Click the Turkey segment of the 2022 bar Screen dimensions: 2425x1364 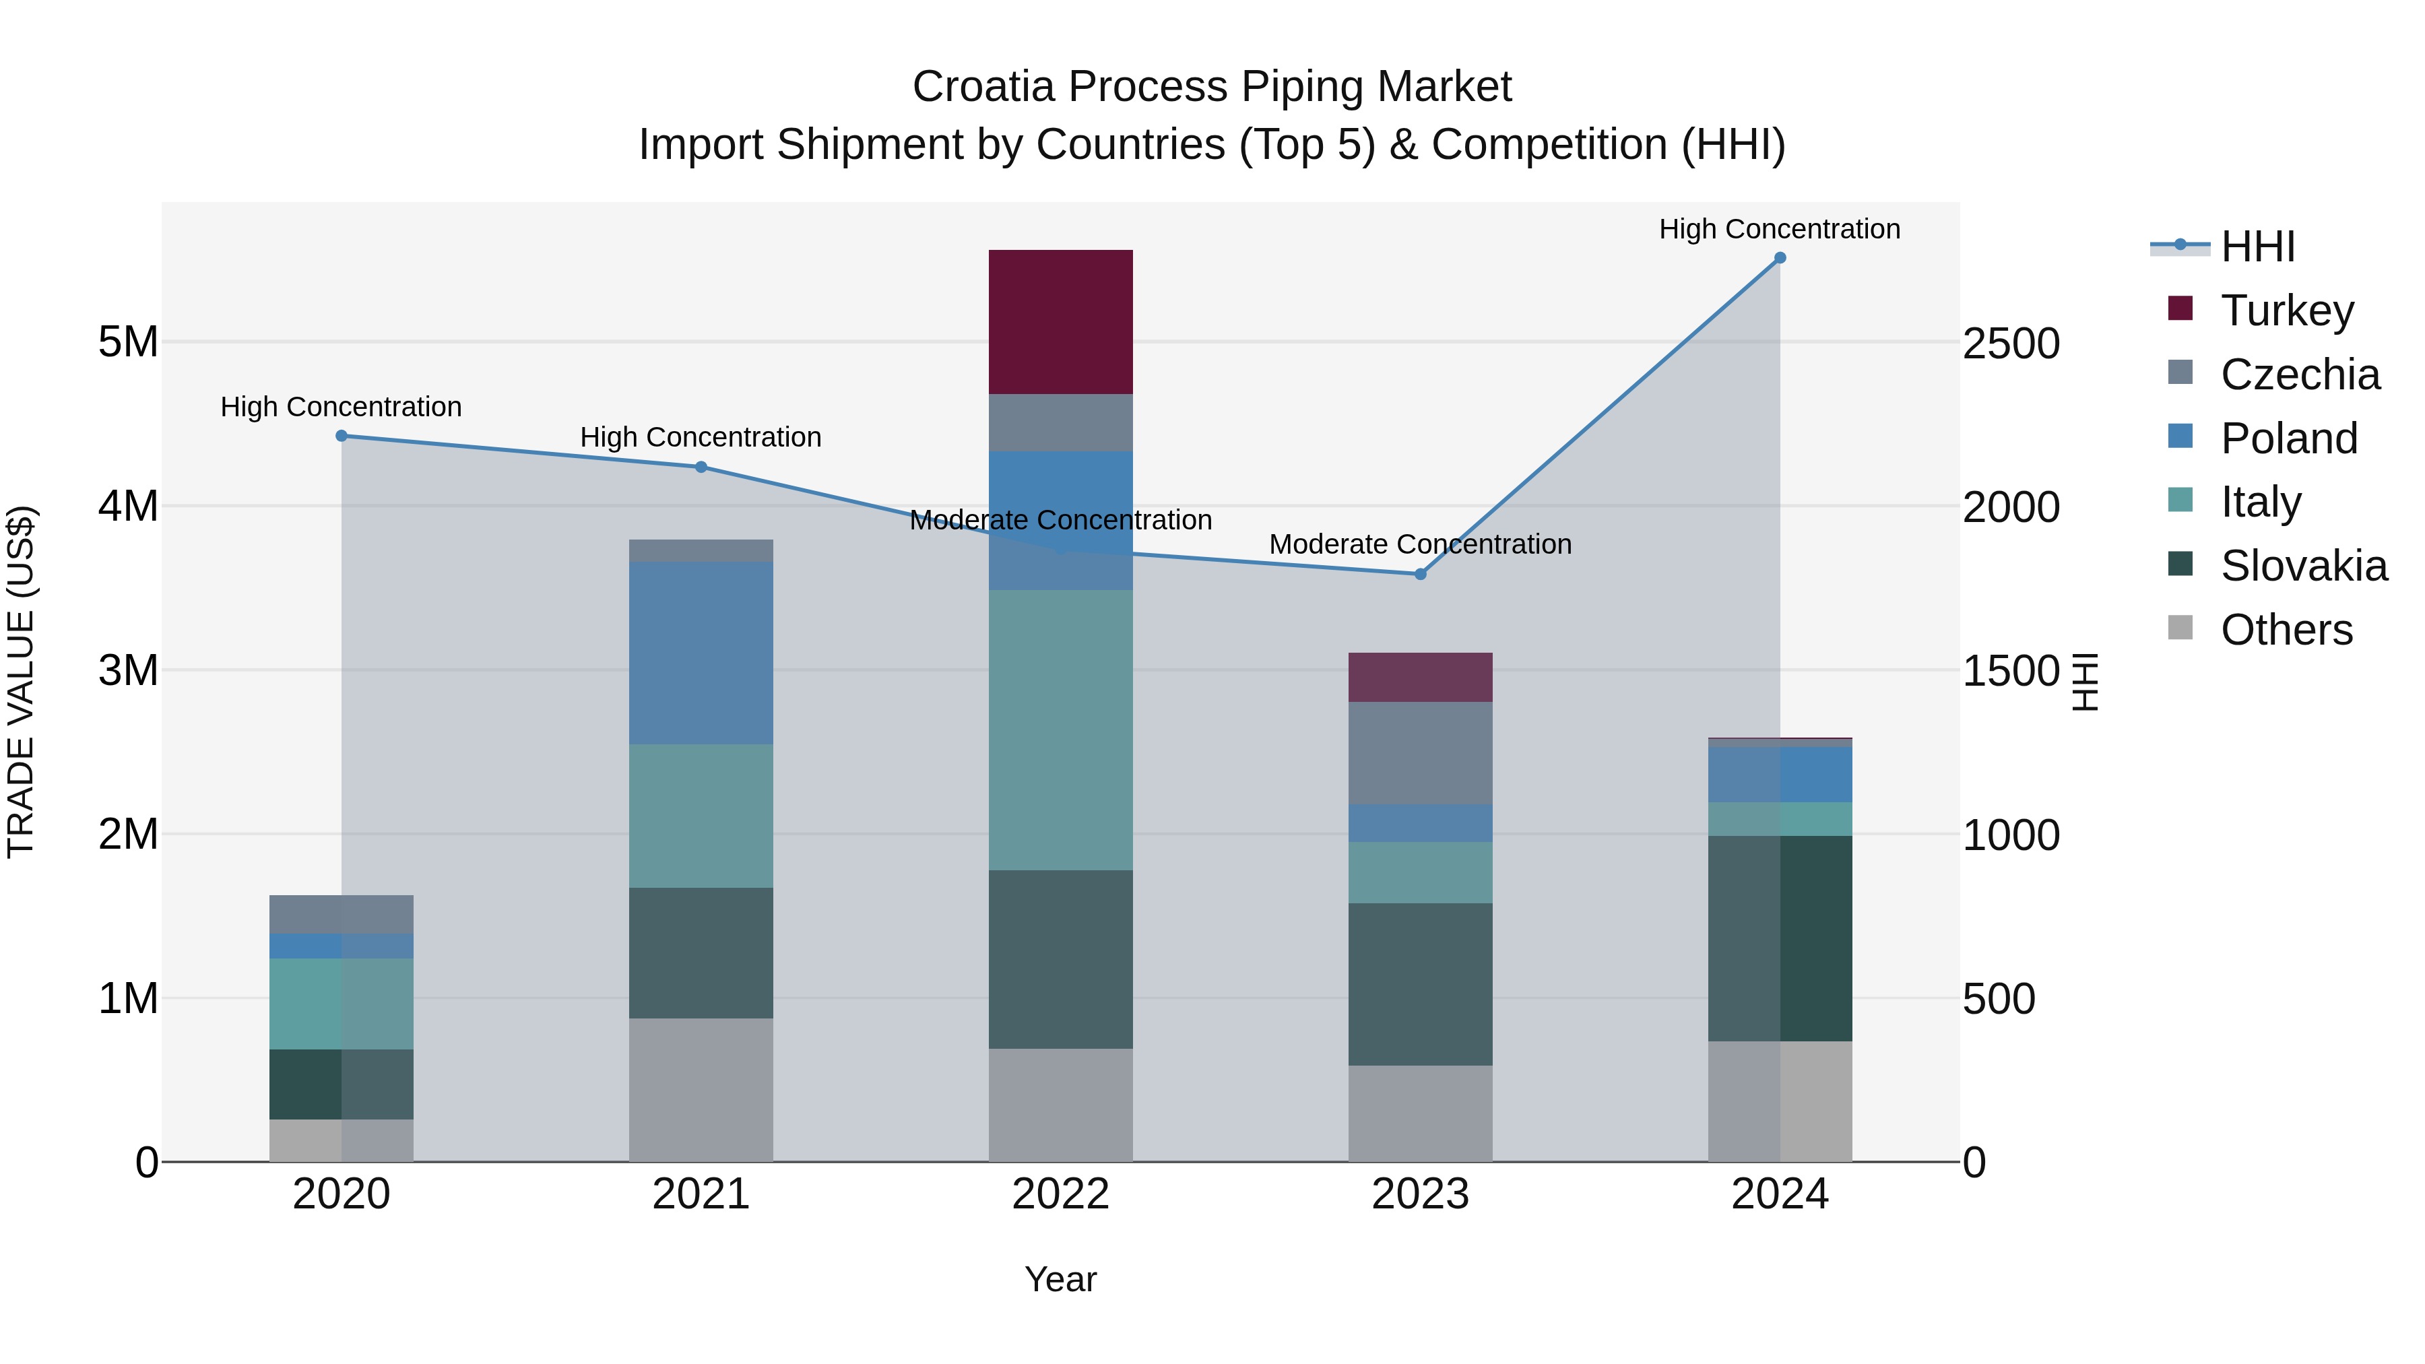pyautogui.click(x=1060, y=322)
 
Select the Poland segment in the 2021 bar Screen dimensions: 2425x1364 pyautogui.click(x=701, y=653)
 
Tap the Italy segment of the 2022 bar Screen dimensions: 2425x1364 pyautogui.click(x=1060, y=729)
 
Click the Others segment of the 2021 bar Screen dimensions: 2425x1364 pyautogui.click(x=701, y=1089)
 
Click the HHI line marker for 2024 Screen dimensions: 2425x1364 pyautogui.click(x=1779, y=258)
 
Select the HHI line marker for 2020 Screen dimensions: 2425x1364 pyautogui.click(x=342, y=436)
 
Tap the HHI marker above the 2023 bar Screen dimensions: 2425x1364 pyautogui.click(x=1421, y=574)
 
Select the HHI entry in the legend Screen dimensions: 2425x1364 pyautogui.click(x=2257, y=247)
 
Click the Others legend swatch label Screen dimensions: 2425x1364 pyautogui.click(x=2285, y=630)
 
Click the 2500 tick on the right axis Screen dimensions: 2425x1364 pyautogui.click(x=2011, y=344)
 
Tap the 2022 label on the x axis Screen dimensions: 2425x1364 pyautogui.click(x=1060, y=1194)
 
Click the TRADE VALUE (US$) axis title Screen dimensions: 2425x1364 pyautogui.click(x=21, y=682)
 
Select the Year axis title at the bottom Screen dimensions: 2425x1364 pyautogui.click(x=1060, y=1279)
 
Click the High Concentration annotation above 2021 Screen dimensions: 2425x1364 pyautogui.click(x=701, y=438)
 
